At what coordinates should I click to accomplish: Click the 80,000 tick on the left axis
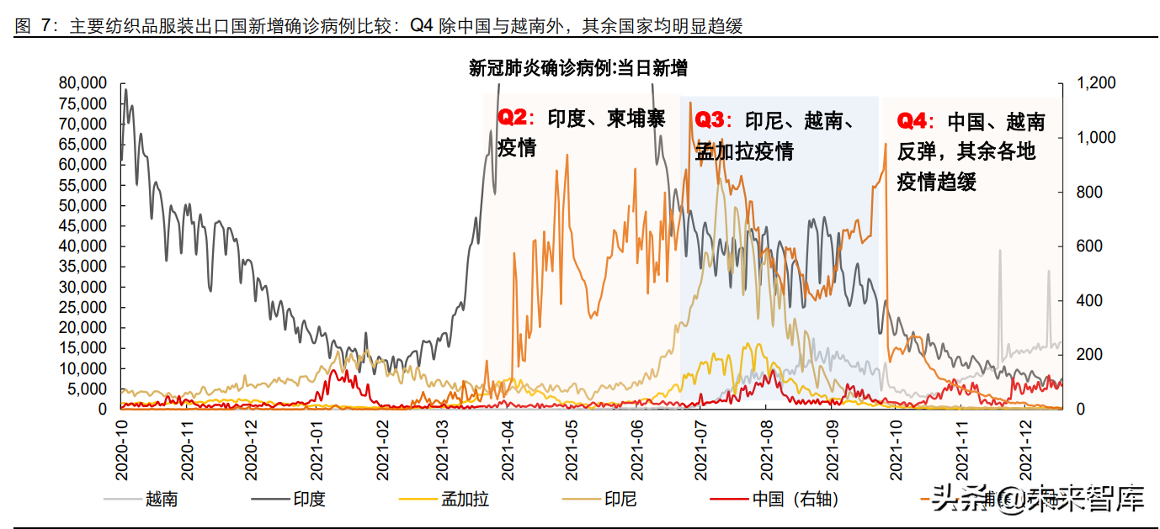[x=83, y=83]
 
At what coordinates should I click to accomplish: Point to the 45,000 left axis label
[x=83, y=226]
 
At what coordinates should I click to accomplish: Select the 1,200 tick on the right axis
[x=1096, y=83]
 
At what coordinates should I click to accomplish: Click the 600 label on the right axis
[x=1089, y=246]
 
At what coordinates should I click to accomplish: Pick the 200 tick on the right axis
[x=1089, y=355]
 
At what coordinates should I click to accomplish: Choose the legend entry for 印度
[x=309, y=500]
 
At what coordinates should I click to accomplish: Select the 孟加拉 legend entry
[x=465, y=500]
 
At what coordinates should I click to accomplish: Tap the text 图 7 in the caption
[x=31, y=26]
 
